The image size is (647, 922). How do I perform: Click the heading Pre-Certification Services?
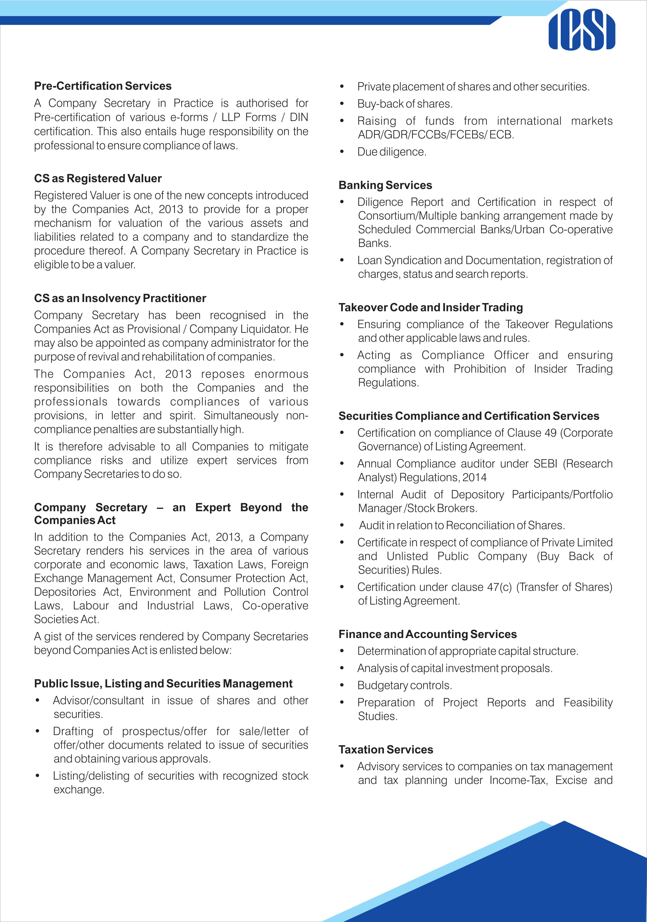pyautogui.click(x=103, y=86)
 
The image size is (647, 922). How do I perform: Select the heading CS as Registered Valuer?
pyautogui.click(x=98, y=178)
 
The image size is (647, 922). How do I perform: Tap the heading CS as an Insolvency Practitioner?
pyautogui.click(x=120, y=298)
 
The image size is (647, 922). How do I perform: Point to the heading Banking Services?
pyautogui.click(x=385, y=185)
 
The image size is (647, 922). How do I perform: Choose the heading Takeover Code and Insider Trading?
pyautogui.click(x=431, y=307)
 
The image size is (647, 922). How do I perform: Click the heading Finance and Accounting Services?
pyautogui.click(x=427, y=634)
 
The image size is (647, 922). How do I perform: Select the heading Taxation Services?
pyautogui.click(x=386, y=749)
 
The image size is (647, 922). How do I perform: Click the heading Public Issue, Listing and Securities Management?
pyautogui.click(x=163, y=684)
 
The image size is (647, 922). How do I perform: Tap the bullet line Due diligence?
pyautogui.click(x=392, y=152)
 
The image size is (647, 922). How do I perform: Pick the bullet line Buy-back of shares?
pyautogui.click(x=405, y=104)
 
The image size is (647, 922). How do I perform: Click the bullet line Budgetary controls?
pyautogui.click(x=405, y=685)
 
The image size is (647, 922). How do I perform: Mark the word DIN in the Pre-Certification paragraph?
pyautogui.click(x=299, y=117)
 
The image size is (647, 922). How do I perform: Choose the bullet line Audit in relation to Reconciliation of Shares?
pyautogui.click(x=462, y=525)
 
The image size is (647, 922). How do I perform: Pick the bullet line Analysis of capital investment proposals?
pyautogui.click(x=455, y=668)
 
